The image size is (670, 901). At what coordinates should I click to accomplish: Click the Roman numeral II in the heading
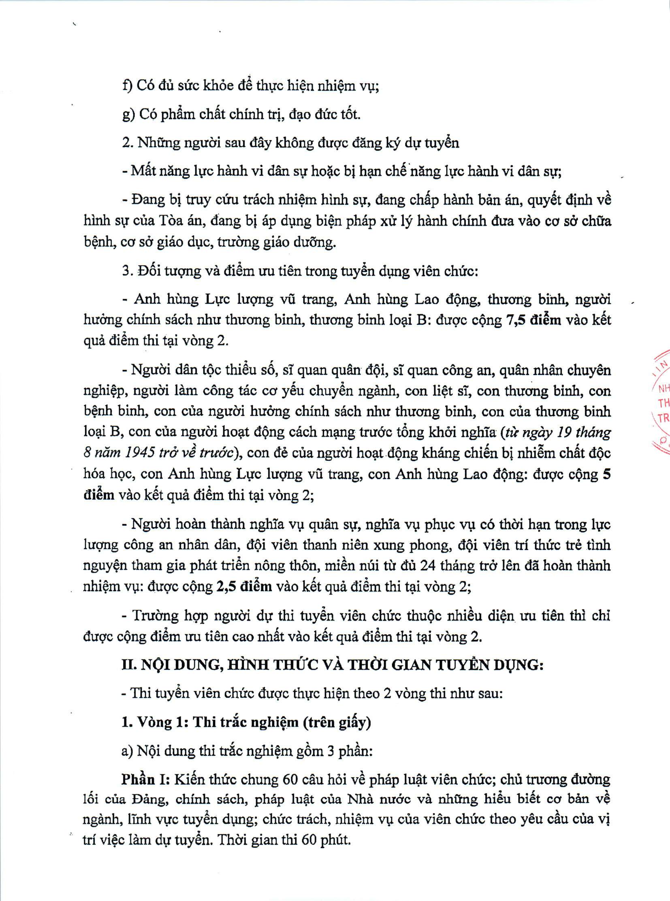pos(129,665)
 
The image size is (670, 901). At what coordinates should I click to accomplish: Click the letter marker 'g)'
pos(128,114)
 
